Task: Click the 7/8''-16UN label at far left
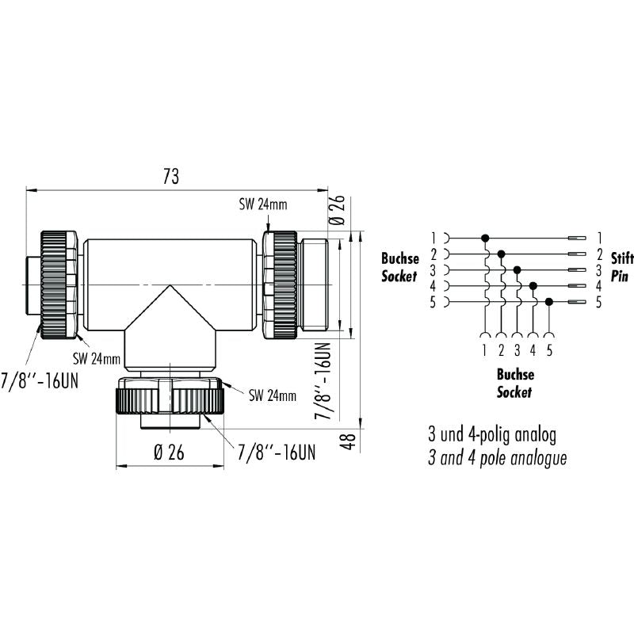pos(40,380)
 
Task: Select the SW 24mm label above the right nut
pos(264,204)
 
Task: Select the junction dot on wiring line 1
pos(485,238)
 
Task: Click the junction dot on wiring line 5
pos(548,302)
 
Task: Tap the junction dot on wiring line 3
pos(517,269)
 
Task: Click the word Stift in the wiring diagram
pos(622,257)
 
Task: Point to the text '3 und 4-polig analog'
pos(492,434)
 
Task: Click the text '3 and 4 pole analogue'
pos(497,458)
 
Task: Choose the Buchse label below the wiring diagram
pos(515,375)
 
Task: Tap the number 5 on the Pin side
pos(599,302)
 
